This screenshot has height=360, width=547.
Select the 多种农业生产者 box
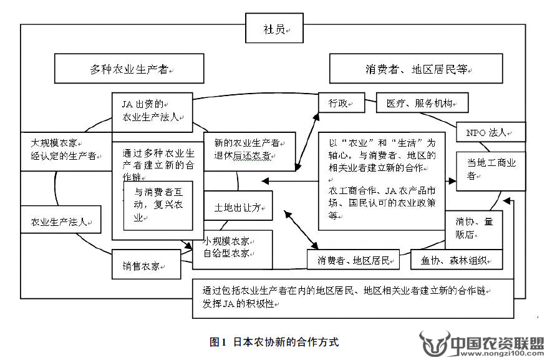click(129, 69)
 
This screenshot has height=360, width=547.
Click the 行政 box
click(341, 103)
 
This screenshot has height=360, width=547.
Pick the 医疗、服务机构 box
click(422, 103)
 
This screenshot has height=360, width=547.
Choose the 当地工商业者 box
click(490, 168)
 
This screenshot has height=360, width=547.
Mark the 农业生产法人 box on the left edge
click(61, 221)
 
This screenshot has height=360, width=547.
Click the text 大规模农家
click(53, 142)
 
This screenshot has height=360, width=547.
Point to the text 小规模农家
click(227, 240)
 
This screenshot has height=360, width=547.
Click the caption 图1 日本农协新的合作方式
click(274, 342)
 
